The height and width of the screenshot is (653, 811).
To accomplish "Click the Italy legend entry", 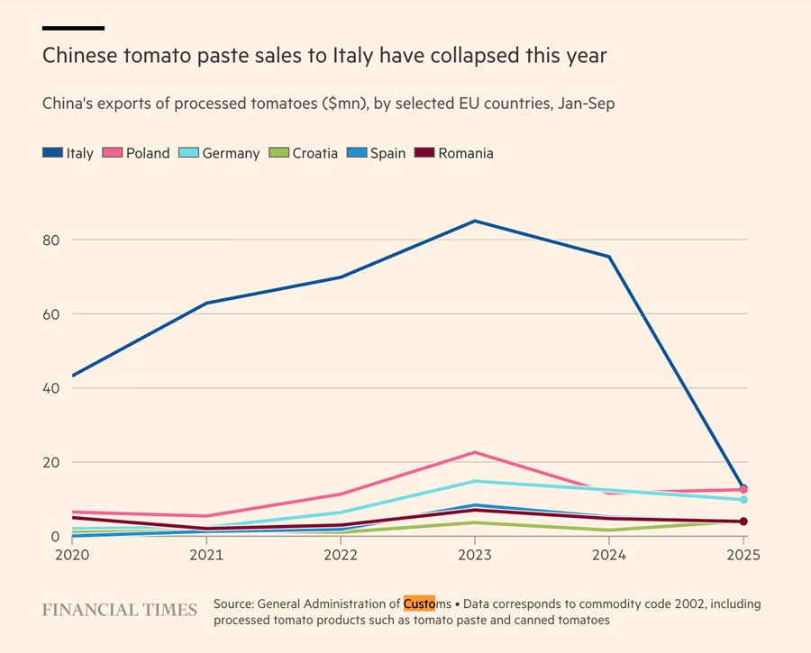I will (x=68, y=153).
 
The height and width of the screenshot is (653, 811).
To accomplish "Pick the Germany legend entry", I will (x=221, y=153).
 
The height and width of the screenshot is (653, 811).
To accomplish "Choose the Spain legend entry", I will (x=378, y=153).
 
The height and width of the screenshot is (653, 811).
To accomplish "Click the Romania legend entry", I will (x=454, y=153).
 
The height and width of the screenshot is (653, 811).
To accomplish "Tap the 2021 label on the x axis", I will (x=206, y=555).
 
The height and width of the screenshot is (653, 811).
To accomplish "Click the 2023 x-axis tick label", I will (x=475, y=555).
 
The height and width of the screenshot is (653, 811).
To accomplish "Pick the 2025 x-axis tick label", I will (x=743, y=555).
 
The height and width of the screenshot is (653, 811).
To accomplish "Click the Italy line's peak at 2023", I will (x=475, y=221).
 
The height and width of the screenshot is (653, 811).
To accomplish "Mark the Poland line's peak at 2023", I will (x=475, y=452).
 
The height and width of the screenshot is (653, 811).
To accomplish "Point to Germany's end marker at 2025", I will (x=743, y=499).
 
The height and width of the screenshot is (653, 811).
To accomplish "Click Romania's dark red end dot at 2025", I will (x=743, y=521).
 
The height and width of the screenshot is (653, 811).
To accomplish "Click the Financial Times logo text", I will (x=119, y=610).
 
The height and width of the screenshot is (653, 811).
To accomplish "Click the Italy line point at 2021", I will (x=206, y=303).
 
